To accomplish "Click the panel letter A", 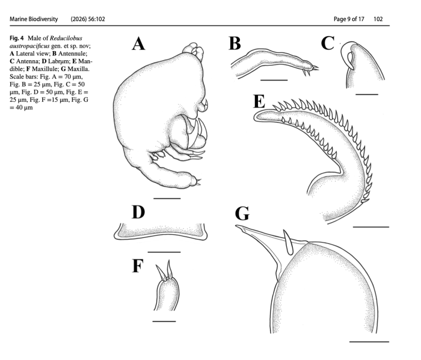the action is tap(138, 44).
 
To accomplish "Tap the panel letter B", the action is tap(235, 43).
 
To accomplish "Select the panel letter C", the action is tap(328, 43).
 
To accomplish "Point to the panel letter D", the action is tap(138, 212).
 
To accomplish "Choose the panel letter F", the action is tap(138, 265).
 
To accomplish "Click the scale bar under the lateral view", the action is tap(167, 199).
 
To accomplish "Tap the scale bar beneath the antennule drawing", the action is tap(274, 80).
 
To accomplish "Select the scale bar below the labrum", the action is tap(164, 252).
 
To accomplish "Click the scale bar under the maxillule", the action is tap(164, 321).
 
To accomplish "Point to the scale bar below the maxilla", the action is tap(369, 342).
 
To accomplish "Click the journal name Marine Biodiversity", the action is tap(34, 19).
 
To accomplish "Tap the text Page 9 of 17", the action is tap(349, 19).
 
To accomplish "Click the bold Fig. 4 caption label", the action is tap(17, 38).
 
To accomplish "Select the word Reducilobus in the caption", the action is tap(66, 38).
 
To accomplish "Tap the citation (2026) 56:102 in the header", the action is tap(88, 19).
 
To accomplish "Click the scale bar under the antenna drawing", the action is tap(367, 95).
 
